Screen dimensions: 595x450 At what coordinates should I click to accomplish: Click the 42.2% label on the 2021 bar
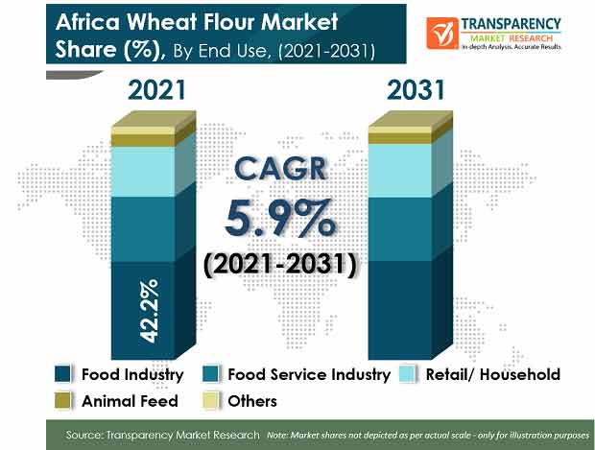tap(149, 311)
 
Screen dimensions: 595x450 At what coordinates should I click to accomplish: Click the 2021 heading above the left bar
tap(157, 90)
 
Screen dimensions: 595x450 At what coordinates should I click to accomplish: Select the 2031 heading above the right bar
tap(416, 90)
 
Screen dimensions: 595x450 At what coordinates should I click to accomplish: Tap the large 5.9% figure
tap(280, 219)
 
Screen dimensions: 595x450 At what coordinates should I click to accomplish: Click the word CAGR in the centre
tap(280, 169)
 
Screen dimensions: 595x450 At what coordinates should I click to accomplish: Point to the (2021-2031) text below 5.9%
tap(280, 264)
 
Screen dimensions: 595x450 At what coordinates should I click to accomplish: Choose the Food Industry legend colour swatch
tap(62, 374)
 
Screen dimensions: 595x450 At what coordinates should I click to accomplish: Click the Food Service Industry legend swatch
tap(210, 374)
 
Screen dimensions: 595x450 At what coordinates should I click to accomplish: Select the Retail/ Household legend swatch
tap(408, 374)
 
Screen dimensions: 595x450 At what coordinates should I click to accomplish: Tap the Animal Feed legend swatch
tap(62, 401)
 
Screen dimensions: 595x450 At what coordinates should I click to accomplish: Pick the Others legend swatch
tap(210, 401)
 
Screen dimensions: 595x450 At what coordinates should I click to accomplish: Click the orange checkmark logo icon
tap(442, 34)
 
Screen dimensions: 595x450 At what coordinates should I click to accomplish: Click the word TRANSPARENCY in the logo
tap(511, 24)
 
